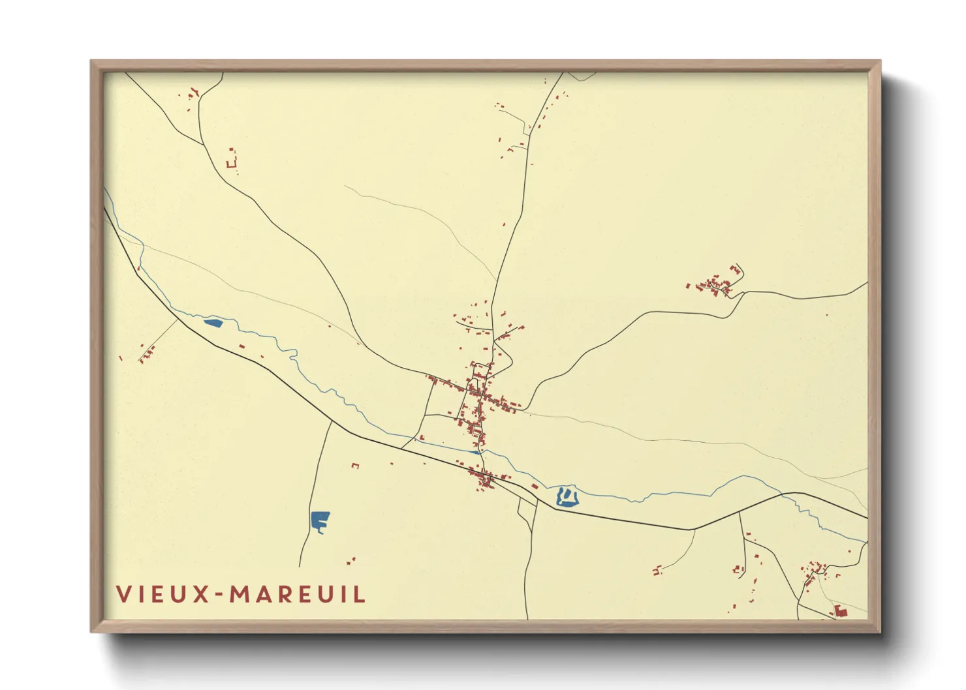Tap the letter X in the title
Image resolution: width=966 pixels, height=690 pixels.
[200, 594]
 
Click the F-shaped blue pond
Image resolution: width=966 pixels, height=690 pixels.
[320, 520]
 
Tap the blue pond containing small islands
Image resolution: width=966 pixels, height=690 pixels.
[567, 498]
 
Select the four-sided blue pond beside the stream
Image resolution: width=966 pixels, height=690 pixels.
[213, 322]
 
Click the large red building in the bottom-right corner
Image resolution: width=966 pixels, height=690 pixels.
[841, 611]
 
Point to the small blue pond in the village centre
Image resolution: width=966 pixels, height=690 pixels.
[475, 451]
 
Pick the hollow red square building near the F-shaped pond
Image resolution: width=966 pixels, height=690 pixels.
[355, 466]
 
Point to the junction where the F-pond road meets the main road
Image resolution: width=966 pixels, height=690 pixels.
[332, 422]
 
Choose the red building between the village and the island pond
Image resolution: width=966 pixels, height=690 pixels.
[535, 486]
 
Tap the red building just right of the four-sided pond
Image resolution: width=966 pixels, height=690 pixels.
[241, 346]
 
